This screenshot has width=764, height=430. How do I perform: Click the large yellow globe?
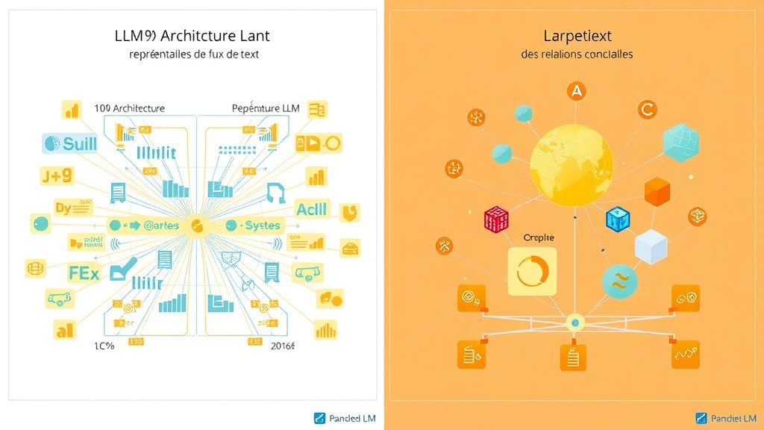click(x=571, y=164)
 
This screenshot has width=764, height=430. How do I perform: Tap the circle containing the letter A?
click(x=575, y=92)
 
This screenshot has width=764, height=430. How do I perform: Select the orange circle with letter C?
click(x=647, y=110)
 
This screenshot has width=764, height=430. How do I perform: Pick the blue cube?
click(x=618, y=218)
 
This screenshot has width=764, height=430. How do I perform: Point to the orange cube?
click(x=657, y=192)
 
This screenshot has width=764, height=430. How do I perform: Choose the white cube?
click(x=650, y=246)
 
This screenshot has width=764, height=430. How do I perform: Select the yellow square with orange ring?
click(x=532, y=271)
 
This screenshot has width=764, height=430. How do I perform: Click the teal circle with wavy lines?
click(x=619, y=282)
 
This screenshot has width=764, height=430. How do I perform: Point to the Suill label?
click(x=70, y=143)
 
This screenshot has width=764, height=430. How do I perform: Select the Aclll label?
click(x=311, y=208)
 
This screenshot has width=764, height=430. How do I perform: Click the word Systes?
click(x=257, y=225)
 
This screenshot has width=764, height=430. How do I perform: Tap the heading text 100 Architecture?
click(x=130, y=108)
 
